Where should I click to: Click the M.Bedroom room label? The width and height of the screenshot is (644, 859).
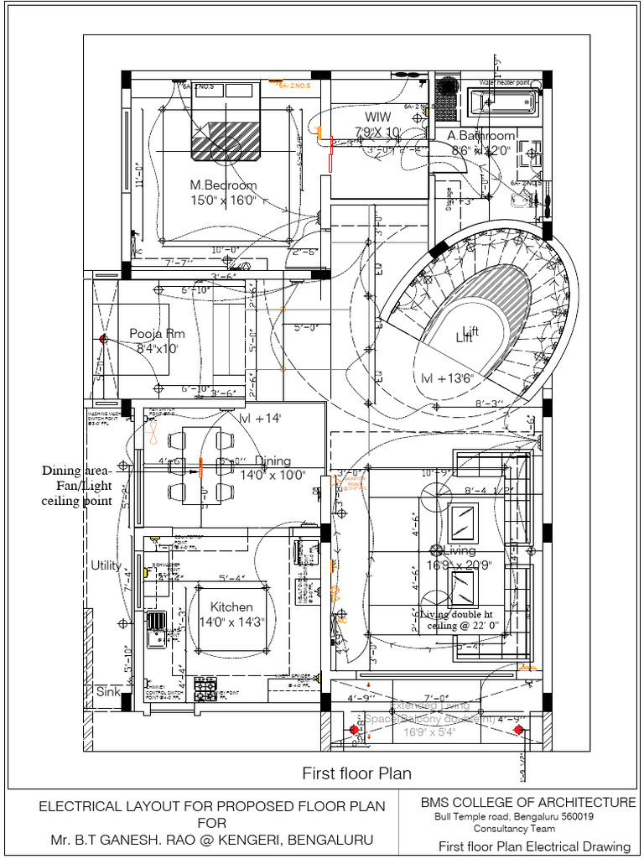coord(223,185)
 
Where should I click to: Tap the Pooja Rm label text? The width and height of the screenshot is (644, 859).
coord(157,333)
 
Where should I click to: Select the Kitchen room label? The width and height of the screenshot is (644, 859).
coord(231,607)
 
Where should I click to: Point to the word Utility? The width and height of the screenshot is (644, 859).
coord(106,565)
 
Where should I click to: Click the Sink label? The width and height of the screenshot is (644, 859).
coord(107,692)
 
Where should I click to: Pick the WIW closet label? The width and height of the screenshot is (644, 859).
coord(377,116)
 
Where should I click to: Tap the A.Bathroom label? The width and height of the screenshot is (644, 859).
coord(481,136)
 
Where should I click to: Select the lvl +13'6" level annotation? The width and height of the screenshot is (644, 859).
coord(448,378)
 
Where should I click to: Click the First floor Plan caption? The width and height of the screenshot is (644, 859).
coord(357,773)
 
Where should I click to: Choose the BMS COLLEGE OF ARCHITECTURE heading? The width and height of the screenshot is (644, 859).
coord(528,803)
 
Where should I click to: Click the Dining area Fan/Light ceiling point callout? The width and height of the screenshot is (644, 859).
coord(78,486)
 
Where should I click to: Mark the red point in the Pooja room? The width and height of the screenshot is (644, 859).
coord(104,339)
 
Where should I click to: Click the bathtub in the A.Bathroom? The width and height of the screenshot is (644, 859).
coord(501,103)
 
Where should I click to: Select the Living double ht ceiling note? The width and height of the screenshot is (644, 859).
coord(453,620)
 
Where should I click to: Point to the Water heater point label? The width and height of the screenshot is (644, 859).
coord(504,82)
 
